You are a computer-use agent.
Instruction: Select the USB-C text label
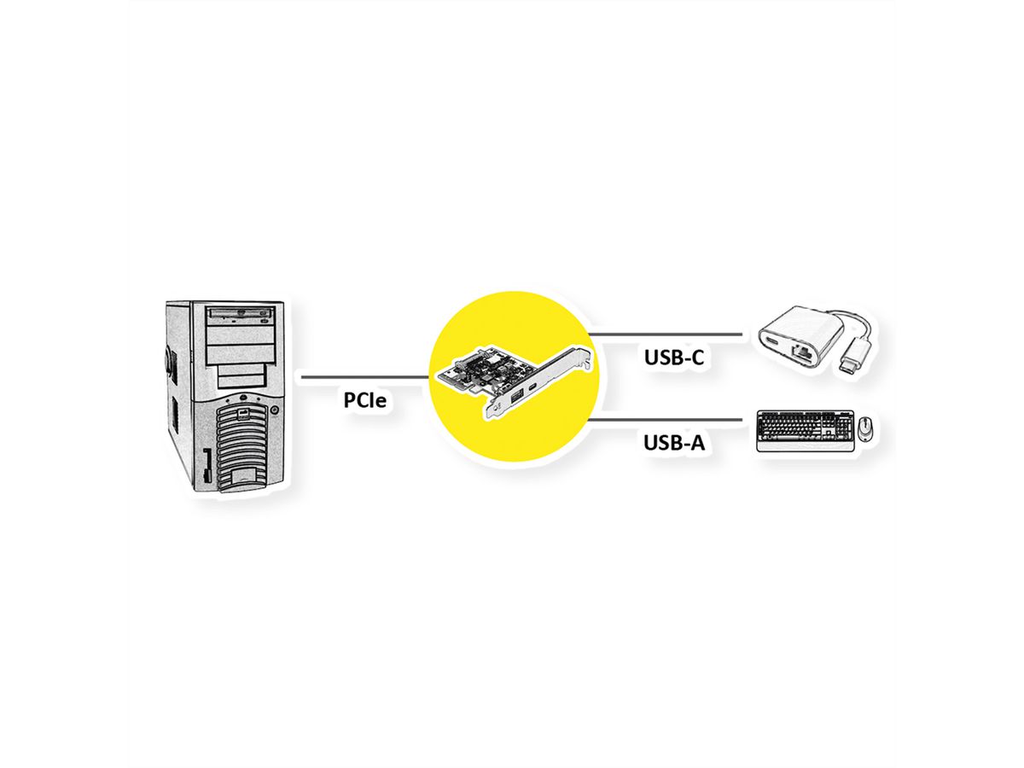pos(673,358)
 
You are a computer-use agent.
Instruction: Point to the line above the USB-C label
pos(666,333)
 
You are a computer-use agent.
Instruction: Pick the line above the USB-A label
pos(666,419)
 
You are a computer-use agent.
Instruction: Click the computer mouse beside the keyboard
pos(865,428)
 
